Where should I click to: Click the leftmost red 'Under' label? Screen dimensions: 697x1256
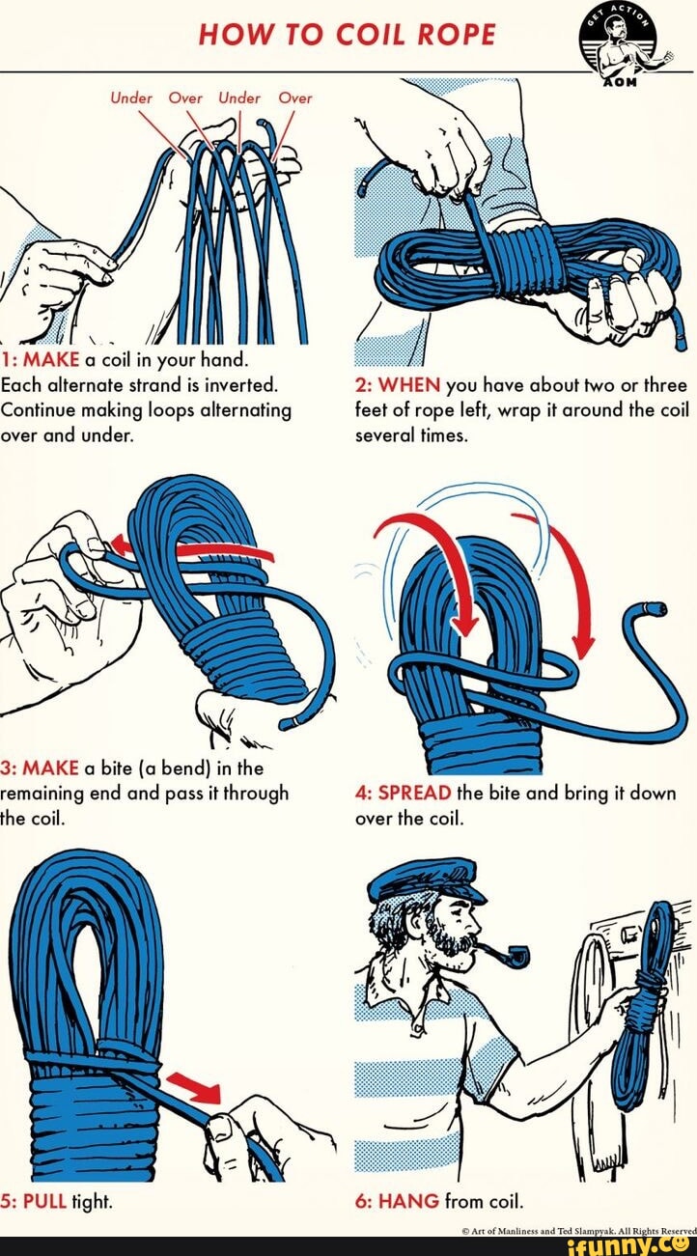point(132,98)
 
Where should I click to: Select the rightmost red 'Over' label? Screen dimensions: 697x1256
point(295,98)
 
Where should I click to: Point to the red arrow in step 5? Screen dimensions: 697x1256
point(196,1086)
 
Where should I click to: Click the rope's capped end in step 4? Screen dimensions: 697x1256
point(655,607)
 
